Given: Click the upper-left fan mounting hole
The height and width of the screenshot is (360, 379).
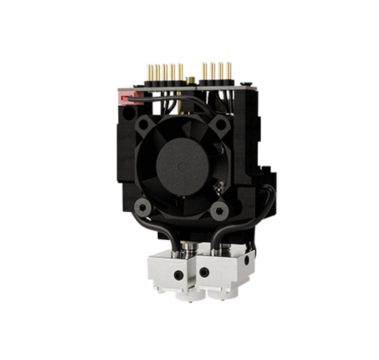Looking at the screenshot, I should point(145,122).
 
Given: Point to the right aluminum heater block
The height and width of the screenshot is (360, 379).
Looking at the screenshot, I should point(222,271).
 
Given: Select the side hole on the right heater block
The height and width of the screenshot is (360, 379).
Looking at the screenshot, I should point(246,262).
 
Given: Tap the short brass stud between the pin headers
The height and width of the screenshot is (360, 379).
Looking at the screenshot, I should point(190,80).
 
